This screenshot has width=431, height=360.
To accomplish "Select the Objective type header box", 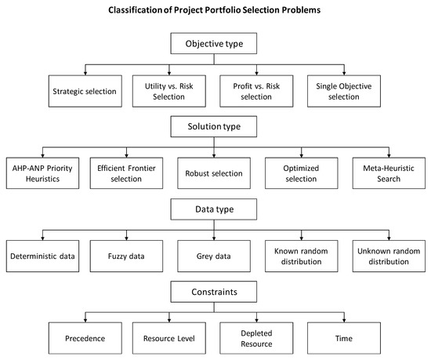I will pyautogui.click(x=215, y=45).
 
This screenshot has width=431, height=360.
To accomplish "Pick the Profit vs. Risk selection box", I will pyautogui.click(x=255, y=91).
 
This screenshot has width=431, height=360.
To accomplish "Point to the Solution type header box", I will pyautogui.click(x=215, y=127).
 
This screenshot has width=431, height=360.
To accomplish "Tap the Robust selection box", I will pyautogui.click(x=215, y=173).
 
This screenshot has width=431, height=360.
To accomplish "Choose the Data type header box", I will pyautogui.click(x=215, y=210).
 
